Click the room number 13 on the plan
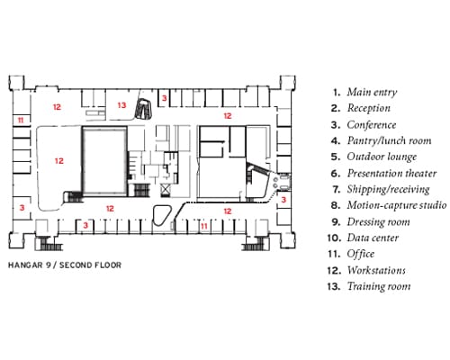pyautogui.click(x=121, y=105)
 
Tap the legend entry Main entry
pyautogui.click(x=372, y=92)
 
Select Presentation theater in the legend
pyautogui.click(x=391, y=174)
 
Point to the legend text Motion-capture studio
pyautogui.click(x=397, y=205)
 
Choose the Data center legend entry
pyautogui.click(x=373, y=238)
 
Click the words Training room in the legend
pyautogui.click(x=379, y=286)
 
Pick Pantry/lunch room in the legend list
pyautogui.click(x=389, y=140)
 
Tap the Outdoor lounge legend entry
pyautogui.click(x=382, y=157)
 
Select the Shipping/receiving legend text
pyautogui.click(x=389, y=190)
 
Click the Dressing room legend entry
pyautogui.click(x=379, y=222)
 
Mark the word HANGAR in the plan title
pyautogui.click(x=25, y=265)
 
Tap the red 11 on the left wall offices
pyautogui.click(x=21, y=121)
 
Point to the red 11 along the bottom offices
pyautogui.click(x=204, y=226)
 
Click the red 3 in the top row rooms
pyautogui.click(x=164, y=98)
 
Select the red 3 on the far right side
pyautogui.click(x=283, y=200)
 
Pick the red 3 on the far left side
pyautogui.click(x=22, y=207)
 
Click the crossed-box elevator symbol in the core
pyautogui.click(x=166, y=190)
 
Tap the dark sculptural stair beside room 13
pyautogui.click(x=144, y=109)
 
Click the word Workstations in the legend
pyautogui.click(x=376, y=270)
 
